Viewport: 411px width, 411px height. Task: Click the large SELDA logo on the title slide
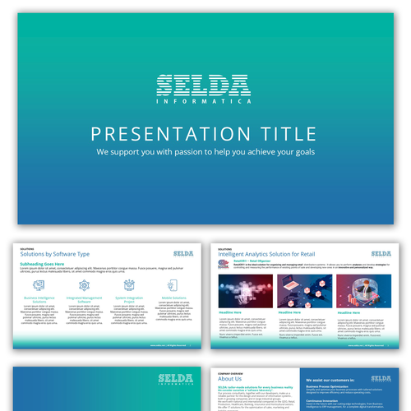click(205, 85)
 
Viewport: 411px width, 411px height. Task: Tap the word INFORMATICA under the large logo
click(205, 104)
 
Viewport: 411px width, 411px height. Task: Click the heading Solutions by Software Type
click(55, 256)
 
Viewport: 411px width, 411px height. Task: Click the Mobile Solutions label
click(173, 299)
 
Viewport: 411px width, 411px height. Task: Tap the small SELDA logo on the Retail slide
click(381, 253)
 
